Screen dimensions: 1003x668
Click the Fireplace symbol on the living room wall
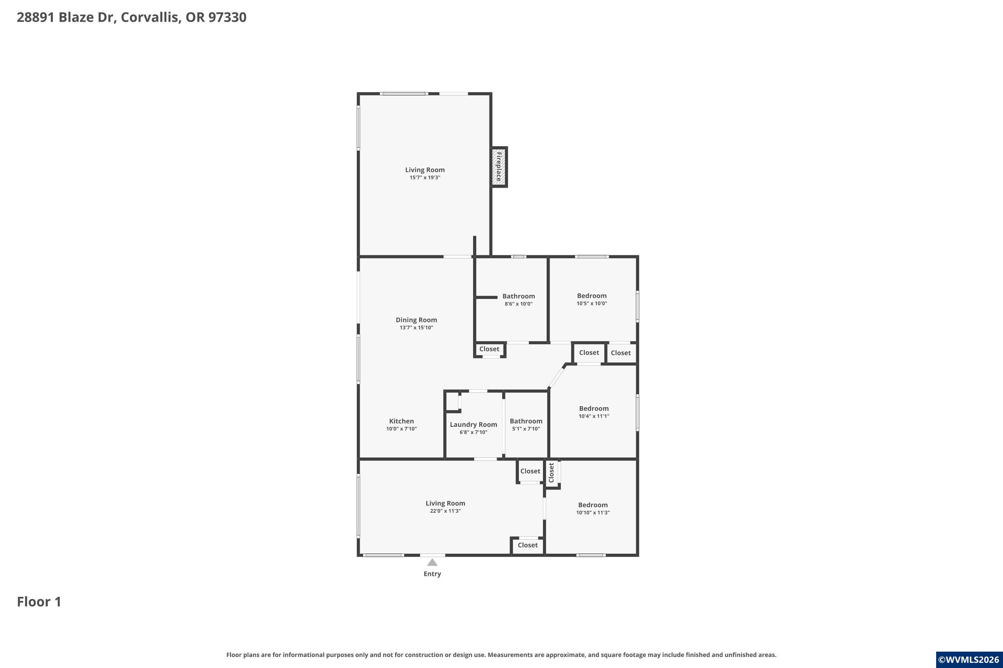click(499, 167)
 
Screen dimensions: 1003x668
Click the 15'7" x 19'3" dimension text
click(425, 178)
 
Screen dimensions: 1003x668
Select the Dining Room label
click(416, 320)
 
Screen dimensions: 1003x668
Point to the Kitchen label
click(401, 421)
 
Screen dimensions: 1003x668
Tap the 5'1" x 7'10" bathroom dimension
click(526, 429)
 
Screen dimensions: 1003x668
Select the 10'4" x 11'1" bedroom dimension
click(594, 416)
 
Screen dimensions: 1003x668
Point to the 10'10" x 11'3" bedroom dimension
click(593, 512)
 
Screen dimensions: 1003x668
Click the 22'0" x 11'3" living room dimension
click(445, 511)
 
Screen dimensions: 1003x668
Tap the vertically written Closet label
click(551, 473)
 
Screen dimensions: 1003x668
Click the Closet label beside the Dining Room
click(489, 349)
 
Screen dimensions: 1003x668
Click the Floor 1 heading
click(39, 602)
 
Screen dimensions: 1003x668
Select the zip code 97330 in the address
click(227, 17)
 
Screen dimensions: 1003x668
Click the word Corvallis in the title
click(151, 17)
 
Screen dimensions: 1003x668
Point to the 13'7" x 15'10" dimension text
click(416, 328)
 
